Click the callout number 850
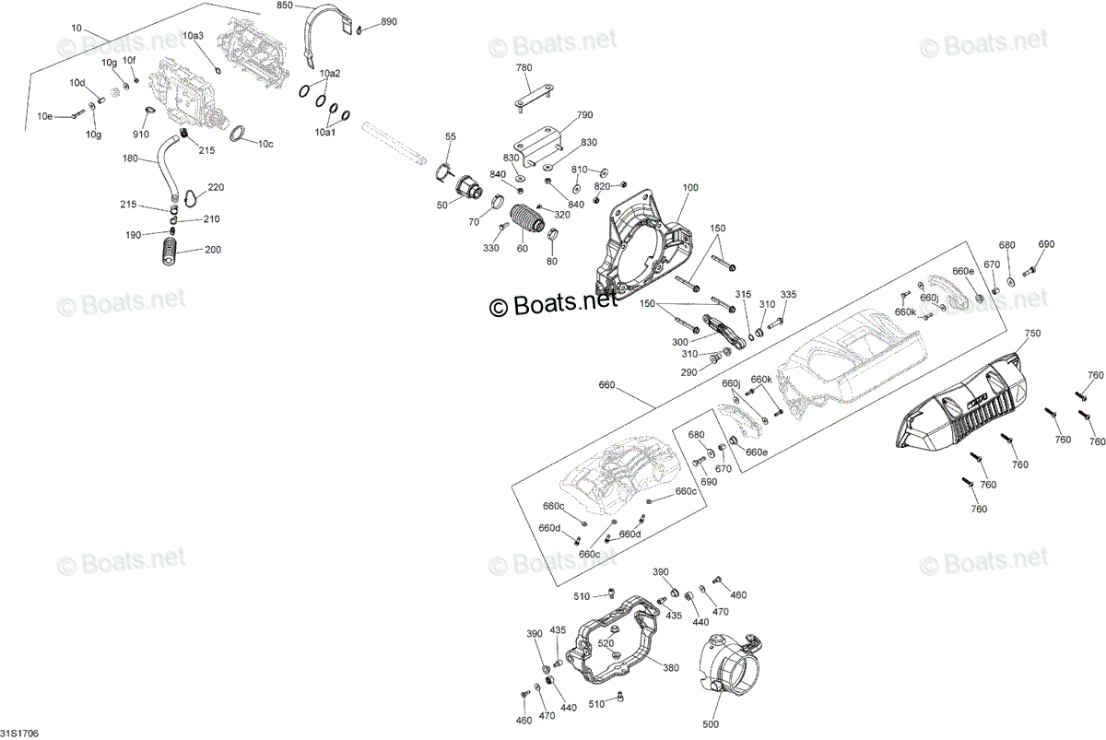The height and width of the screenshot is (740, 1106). click(x=285, y=6)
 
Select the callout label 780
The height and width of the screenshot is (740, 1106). click(x=524, y=67)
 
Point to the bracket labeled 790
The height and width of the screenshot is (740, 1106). click(x=537, y=146)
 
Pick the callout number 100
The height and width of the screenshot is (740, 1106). click(x=690, y=188)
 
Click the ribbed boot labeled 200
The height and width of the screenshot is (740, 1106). click(x=170, y=252)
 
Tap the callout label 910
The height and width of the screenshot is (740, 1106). click(x=141, y=135)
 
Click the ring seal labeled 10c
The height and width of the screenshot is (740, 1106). click(x=238, y=134)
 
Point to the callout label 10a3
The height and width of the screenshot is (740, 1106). click(x=193, y=36)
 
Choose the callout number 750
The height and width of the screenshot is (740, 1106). click(x=1032, y=334)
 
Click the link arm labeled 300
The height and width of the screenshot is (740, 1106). click(x=724, y=333)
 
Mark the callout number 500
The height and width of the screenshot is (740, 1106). click(x=711, y=724)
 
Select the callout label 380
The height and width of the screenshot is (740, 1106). click(x=671, y=668)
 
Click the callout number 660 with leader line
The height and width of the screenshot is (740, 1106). click(x=606, y=384)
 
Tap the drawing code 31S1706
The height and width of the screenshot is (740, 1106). click(x=19, y=734)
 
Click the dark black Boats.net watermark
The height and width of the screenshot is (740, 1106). click(x=554, y=303)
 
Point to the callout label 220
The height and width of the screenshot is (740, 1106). click(x=216, y=188)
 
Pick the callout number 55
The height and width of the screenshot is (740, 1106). click(x=451, y=136)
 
